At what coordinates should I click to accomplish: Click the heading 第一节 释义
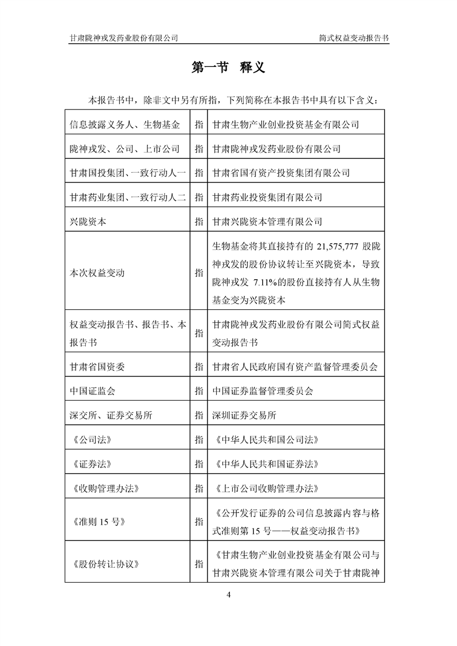(228, 67)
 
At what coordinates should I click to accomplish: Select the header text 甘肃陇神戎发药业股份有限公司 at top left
(123, 37)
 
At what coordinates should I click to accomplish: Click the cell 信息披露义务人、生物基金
(124, 124)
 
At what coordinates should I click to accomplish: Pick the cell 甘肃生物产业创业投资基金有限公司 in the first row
(286, 124)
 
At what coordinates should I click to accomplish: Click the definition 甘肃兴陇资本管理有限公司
(267, 221)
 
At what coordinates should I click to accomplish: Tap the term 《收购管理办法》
(103, 488)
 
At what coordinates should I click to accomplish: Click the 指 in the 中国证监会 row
(199, 391)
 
